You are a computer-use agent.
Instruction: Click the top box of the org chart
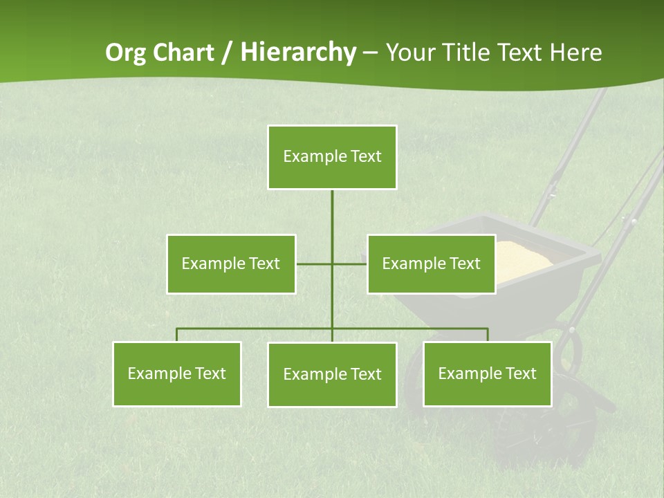[332, 157]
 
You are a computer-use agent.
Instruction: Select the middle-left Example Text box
[231, 264]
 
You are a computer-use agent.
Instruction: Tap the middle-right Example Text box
[431, 264]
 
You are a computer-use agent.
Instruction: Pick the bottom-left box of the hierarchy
[176, 373]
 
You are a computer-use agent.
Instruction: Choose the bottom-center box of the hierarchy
[332, 374]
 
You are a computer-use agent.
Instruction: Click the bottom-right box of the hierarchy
[487, 373]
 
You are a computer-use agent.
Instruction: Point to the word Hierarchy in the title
[297, 53]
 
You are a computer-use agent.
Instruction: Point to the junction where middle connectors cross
[332, 264]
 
